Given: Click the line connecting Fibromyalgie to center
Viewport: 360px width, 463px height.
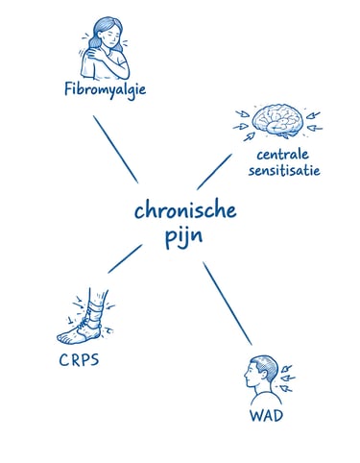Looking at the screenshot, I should coord(115,149).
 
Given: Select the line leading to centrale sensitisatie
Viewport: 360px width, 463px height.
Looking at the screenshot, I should coord(214,169).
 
